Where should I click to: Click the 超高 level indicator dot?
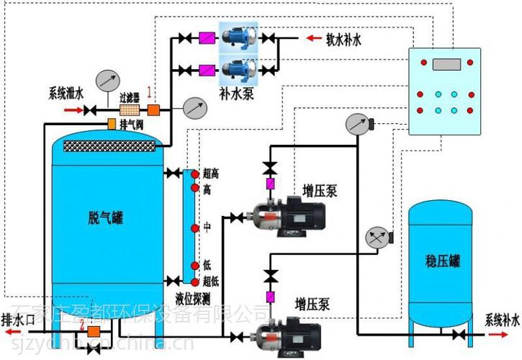194,174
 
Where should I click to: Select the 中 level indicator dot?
194,228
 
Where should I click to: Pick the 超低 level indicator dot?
194,280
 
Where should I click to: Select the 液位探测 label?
193,297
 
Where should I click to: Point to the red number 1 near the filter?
149,92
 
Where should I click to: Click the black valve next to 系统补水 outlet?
459,336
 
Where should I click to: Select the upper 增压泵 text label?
320,191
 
